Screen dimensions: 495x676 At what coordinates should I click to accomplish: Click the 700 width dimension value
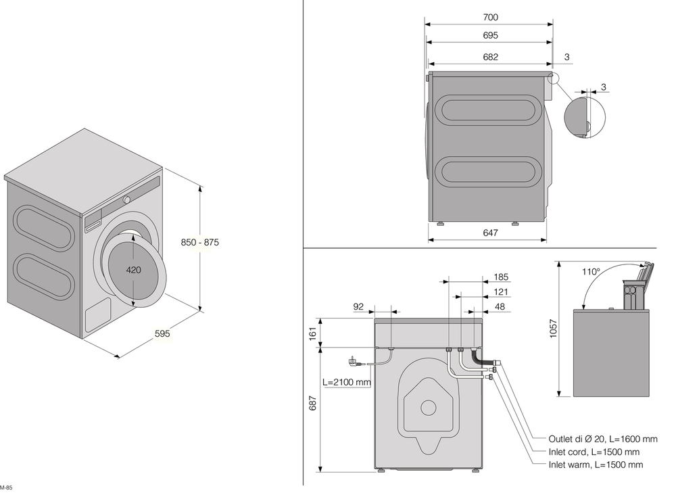[491, 17]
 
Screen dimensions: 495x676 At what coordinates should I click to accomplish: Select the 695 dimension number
[491, 35]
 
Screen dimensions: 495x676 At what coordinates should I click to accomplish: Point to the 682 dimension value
[491, 57]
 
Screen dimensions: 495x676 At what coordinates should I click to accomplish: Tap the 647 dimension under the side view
[491, 233]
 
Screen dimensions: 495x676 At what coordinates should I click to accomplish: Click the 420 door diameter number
[134, 269]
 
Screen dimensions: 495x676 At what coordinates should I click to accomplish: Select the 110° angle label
[591, 272]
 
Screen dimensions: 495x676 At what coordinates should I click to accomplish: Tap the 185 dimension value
[501, 277]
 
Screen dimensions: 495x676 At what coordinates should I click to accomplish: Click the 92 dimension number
[358, 306]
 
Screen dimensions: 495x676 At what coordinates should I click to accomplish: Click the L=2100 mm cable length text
[347, 382]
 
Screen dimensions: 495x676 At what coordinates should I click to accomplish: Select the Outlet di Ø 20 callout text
[594, 439]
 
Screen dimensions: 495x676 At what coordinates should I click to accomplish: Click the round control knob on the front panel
[126, 200]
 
